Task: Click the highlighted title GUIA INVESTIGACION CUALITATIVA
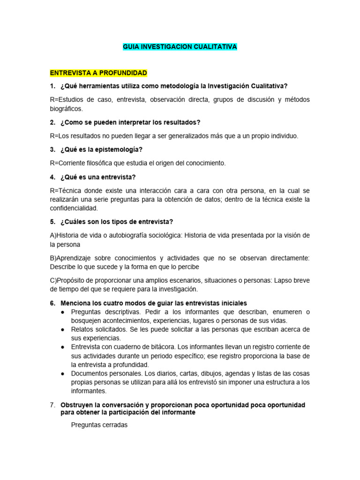(x=180, y=47)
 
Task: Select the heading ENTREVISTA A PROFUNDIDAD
(x=98, y=73)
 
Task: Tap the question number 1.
(x=52, y=86)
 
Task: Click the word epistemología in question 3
(x=119, y=150)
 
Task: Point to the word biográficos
(x=66, y=109)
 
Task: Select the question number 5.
(x=52, y=222)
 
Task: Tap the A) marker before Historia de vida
(x=52, y=235)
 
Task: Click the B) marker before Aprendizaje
(x=52, y=258)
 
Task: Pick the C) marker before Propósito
(x=52, y=281)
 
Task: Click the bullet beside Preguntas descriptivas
(x=63, y=312)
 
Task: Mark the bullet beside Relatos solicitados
(x=63, y=330)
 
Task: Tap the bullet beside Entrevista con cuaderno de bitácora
(x=63, y=347)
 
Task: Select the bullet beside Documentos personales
(x=63, y=374)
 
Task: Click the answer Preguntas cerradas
(x=99, y=425)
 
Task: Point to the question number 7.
(x=52, y=405)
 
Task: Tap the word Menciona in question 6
(x=76, y=303)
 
